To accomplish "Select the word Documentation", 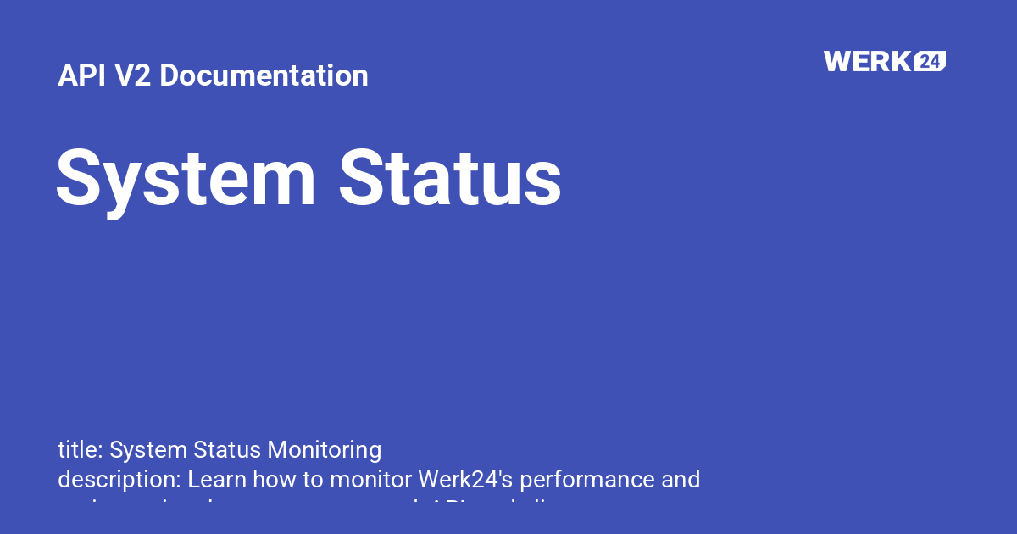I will pos(264,75).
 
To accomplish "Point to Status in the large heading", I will pos(450,178).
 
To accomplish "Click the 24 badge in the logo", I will pos(930,61).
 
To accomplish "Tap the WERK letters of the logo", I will pos(868,61).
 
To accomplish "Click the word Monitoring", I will pos(324,449).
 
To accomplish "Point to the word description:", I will pos(119,480).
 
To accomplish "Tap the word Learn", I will pos(214,480).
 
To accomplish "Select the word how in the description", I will pos(270,480).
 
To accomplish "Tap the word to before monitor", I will pos(312,480).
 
